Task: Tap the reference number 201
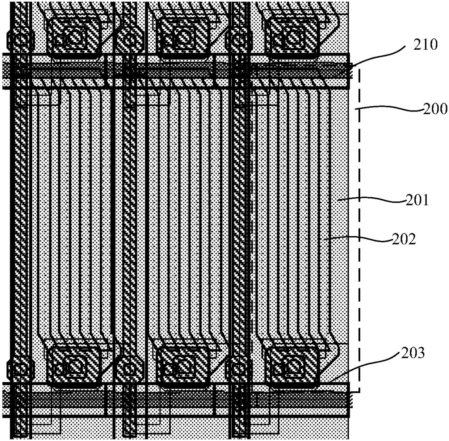pos(416,200)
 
